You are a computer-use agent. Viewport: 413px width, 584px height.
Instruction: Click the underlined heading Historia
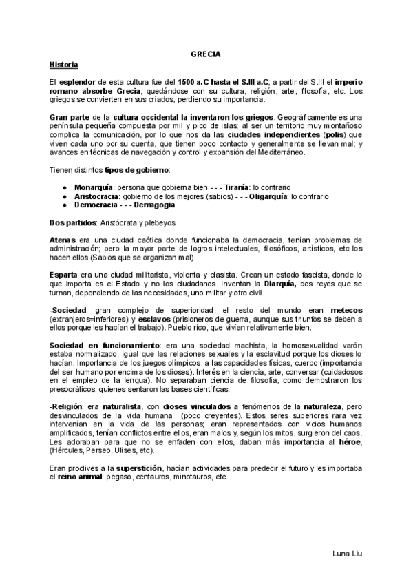(x=64, y=65)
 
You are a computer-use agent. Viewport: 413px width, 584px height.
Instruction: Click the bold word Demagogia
(x=154, y=205)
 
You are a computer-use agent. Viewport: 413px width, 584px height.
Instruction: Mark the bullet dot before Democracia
(x=64, y=205)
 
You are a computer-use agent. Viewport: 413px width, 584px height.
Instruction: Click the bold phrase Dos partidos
(x=74, y=223)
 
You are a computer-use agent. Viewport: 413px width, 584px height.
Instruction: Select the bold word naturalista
(x=127, y=407)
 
